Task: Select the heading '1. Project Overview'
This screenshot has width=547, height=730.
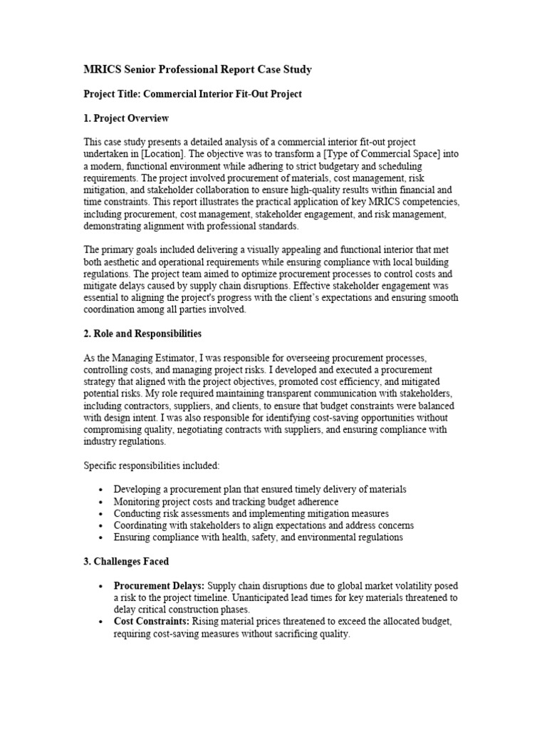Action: point(126,118)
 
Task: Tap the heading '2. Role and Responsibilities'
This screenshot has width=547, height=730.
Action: point(142,334)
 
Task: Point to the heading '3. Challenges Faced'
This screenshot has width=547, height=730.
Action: point(126,562)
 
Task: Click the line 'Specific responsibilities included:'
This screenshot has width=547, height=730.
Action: point(152,466)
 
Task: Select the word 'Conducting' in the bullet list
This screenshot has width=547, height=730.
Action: point(137,513)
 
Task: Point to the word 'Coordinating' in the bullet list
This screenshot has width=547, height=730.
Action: point(141,525)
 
